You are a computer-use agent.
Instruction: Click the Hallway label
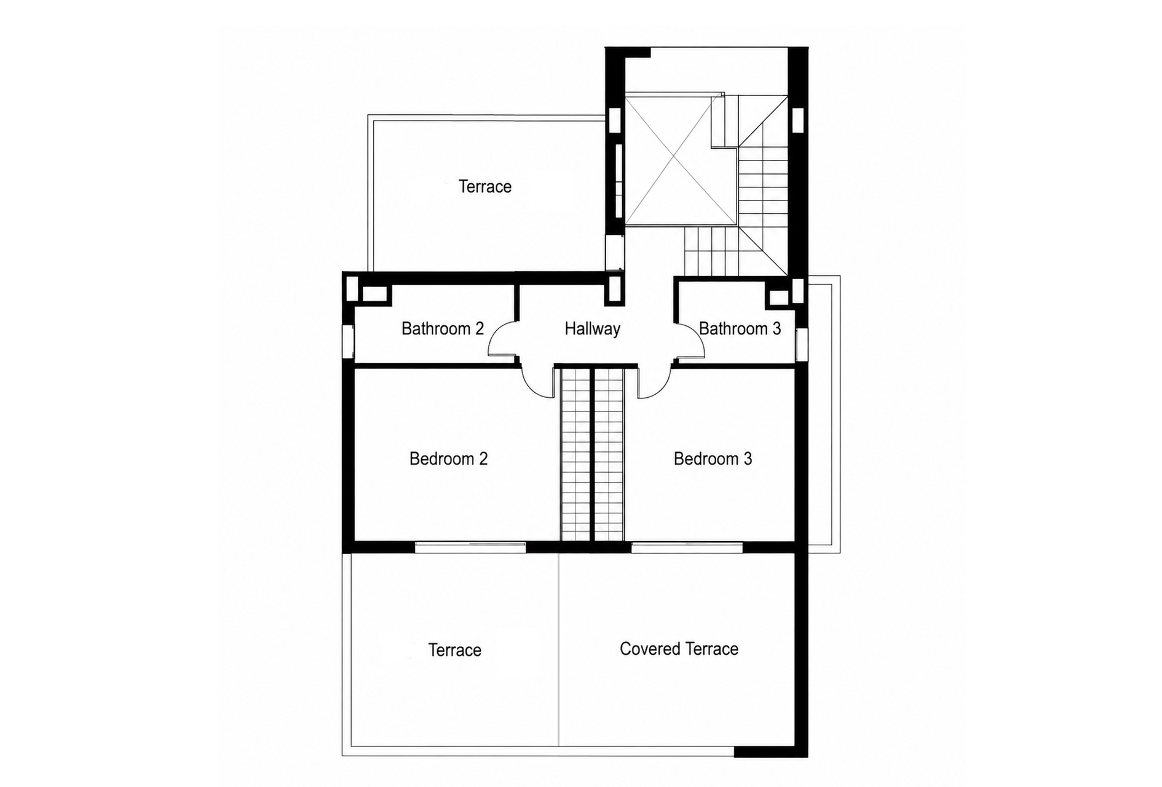[x=592, y=329]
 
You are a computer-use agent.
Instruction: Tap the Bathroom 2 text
[x=443, y=329]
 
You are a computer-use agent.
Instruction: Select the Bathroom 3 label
[x=740, y=329]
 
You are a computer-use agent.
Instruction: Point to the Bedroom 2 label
[x=448, y=459]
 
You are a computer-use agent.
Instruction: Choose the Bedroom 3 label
[x=713, y=459]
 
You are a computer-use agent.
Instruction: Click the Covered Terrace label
[x=679, y=649]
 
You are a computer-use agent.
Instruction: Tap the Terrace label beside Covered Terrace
[x=454, y=650]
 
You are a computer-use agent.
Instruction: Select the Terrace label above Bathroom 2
[x=484, y=186]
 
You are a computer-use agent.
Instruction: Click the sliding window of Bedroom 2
[x=470, y=547]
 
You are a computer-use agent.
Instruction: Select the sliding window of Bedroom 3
[x=687, y=547]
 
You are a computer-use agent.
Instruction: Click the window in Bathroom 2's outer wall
[x=348, y=342]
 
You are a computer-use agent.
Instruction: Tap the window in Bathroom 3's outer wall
[x=802, y=344]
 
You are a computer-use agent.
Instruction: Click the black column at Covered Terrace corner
[x=771, y=752]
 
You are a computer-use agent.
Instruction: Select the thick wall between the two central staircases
[x=592, y=454]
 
